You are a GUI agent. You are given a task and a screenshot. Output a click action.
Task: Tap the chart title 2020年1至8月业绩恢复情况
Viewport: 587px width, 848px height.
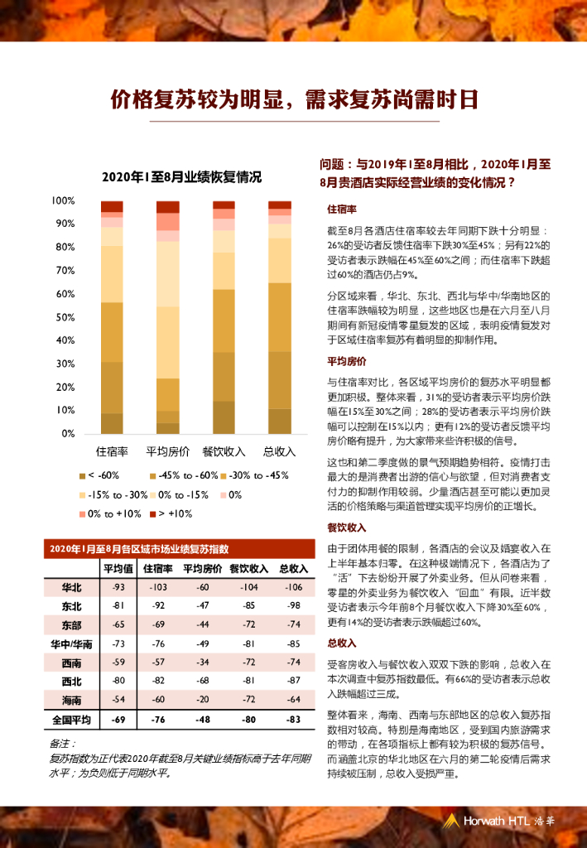(x=182, y=176)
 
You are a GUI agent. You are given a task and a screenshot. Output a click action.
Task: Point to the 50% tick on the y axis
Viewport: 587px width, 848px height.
(x=65, y=317)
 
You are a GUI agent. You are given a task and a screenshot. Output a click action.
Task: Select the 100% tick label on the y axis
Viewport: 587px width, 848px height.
(x=63, y=201)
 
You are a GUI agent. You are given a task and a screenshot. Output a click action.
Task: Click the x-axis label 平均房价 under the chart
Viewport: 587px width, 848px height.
(x=168, y=451)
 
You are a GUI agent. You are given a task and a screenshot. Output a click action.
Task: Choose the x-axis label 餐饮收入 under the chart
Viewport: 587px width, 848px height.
(x=224, y=451)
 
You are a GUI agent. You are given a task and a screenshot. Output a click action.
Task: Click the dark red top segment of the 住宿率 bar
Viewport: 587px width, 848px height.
(x=112, y=206)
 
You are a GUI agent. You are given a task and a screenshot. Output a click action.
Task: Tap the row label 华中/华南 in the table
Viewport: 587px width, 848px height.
(x=71, y=643)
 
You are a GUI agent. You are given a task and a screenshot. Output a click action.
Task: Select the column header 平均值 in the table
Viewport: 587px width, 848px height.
(x=118, y=568)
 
